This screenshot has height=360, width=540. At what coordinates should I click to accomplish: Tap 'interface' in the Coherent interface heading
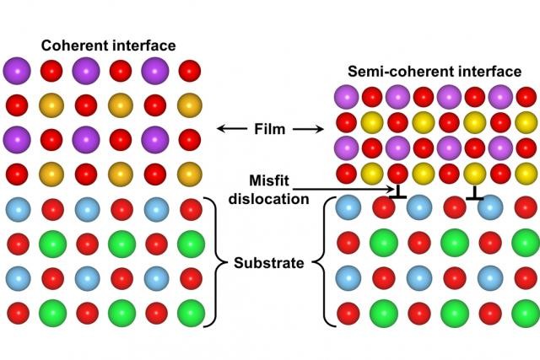[x=141, y=45]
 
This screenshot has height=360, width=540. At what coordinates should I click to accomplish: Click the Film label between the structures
[x=270, y=129]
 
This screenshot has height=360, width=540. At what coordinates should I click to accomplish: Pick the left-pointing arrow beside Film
[x=229, y=129]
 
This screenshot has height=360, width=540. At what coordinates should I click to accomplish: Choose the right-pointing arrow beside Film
[x=310, y=129]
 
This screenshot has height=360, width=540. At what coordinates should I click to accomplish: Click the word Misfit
[x=270, y=182]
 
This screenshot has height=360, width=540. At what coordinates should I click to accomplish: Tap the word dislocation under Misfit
[x=270, y=200]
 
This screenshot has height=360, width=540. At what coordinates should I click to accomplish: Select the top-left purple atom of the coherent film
[x=18, y=69]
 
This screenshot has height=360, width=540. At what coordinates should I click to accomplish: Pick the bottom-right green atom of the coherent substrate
[x=191, y=313]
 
